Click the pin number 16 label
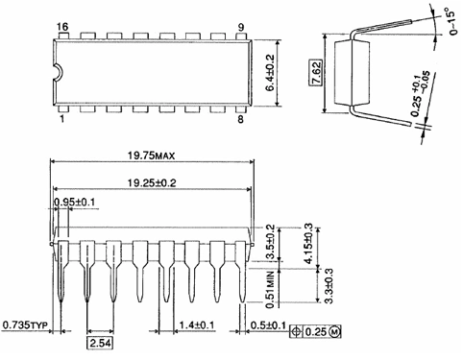63,27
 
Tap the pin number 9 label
241,28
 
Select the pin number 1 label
62,119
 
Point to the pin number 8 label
240,119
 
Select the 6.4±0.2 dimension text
270,73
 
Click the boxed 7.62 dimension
317,73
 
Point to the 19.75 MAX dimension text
152,156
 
